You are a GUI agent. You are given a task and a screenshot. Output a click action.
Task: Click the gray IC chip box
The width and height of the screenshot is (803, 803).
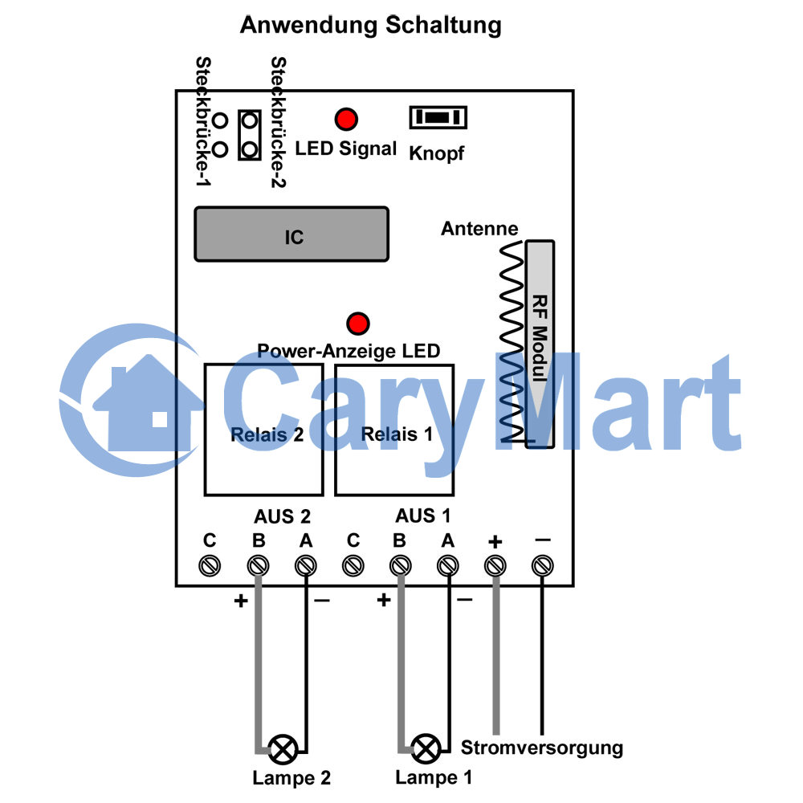tap(291, 234)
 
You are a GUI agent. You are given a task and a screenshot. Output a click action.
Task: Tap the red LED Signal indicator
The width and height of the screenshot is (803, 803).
tap(346, 120)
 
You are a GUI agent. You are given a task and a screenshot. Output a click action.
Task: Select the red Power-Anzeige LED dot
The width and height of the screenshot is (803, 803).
tap(358, 324)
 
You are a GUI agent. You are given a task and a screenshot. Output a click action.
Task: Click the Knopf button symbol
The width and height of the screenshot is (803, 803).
tap(438, 117)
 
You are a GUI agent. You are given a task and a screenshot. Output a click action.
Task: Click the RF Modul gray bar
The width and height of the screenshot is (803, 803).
tap(540, 344)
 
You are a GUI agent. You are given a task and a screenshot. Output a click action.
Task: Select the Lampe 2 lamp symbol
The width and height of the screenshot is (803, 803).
tap(283, 749)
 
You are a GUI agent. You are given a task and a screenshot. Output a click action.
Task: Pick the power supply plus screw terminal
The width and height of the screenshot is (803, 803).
tap(495, 566)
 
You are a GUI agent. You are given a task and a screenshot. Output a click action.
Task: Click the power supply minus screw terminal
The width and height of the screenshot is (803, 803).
tap(542, 566)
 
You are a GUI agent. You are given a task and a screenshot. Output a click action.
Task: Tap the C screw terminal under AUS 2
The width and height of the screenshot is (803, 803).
tap(210, 566)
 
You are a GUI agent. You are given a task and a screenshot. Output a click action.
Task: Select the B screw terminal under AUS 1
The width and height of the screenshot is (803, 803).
tap(400, 566)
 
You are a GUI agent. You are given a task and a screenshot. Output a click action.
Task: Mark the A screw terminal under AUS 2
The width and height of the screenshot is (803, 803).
tap(306, 566)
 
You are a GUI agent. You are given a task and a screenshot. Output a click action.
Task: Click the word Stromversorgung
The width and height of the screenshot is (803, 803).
tap(542, 748)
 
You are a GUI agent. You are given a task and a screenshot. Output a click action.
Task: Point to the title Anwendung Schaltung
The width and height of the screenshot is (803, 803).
tap(371, 25)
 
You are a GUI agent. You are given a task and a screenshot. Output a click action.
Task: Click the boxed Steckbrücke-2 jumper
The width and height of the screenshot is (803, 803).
tap(250, 135)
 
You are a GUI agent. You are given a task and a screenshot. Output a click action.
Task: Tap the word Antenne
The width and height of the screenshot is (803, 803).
tap(479, 228)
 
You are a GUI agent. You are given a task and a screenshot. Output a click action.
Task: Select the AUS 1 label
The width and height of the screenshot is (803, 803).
tap(423, 516)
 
